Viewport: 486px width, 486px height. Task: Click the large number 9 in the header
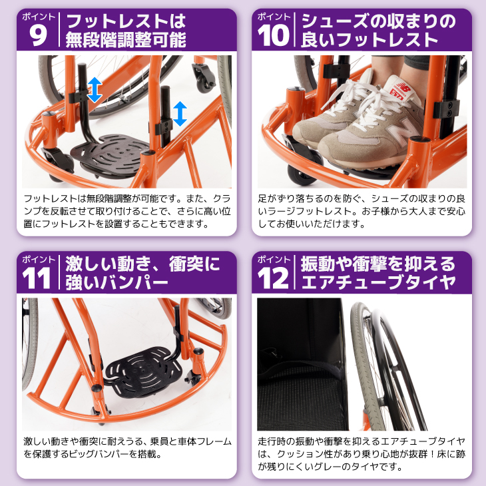(x=38, y=35)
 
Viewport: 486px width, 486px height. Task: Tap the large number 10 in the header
(x=273, y=35)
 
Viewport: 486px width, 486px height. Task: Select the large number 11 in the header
(x=37, y=278)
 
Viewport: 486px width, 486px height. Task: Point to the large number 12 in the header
(x=273, y=278)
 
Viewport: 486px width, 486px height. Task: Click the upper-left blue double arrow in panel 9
(x=95, y=90)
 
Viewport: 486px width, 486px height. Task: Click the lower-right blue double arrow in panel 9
(x=180, y=114)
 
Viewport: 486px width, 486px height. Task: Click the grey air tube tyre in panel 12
(x=367, y=365)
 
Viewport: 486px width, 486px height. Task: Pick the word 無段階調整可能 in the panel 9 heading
(x=126, y=41)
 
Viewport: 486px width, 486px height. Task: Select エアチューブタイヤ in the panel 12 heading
(x=378, y=282)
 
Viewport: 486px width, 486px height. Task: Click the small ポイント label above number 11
(x=38, y=259)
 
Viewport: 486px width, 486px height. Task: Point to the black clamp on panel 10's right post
(x=446, y=109)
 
